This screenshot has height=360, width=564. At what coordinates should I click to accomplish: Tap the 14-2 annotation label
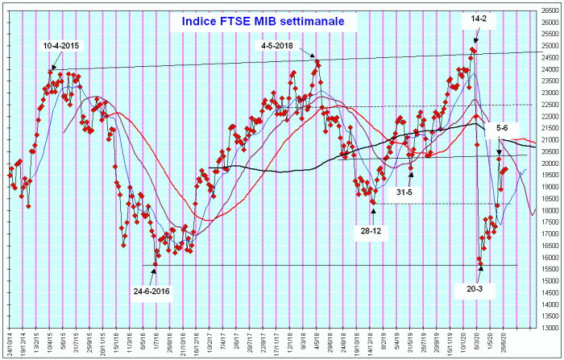481,18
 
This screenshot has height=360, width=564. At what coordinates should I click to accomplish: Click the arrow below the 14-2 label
476,35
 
